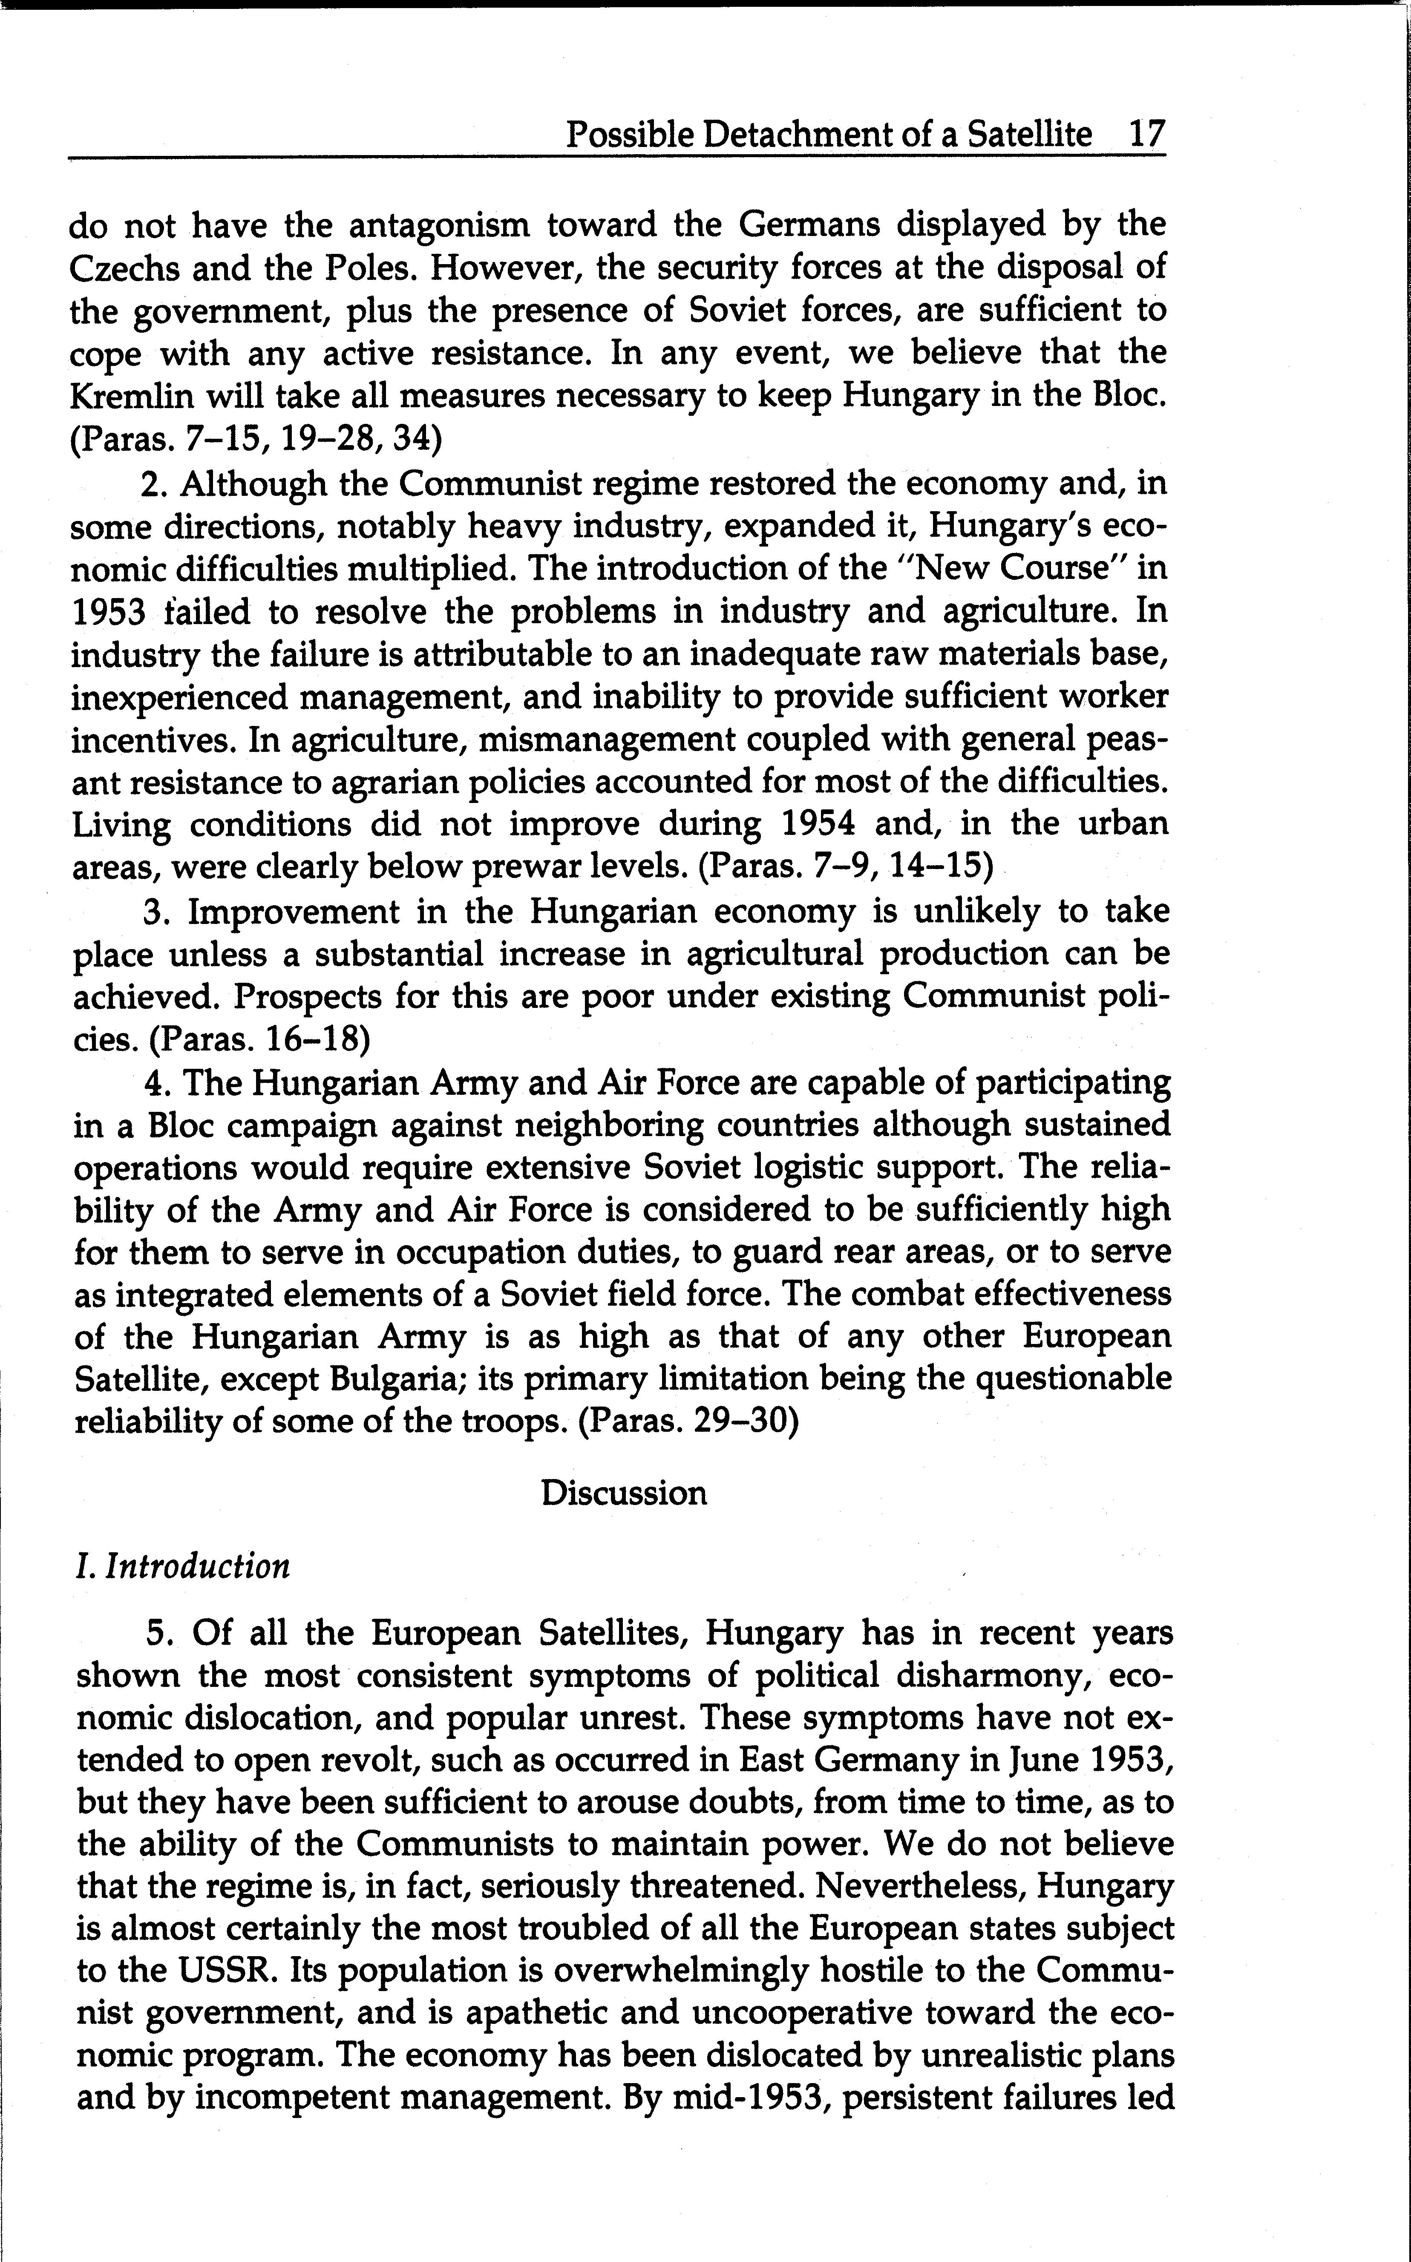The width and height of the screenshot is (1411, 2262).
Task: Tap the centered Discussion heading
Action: coord(623,1492)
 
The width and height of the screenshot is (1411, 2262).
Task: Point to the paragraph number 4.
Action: coord(155,1082)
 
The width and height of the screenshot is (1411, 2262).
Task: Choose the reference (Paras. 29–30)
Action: coord(690,1421)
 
